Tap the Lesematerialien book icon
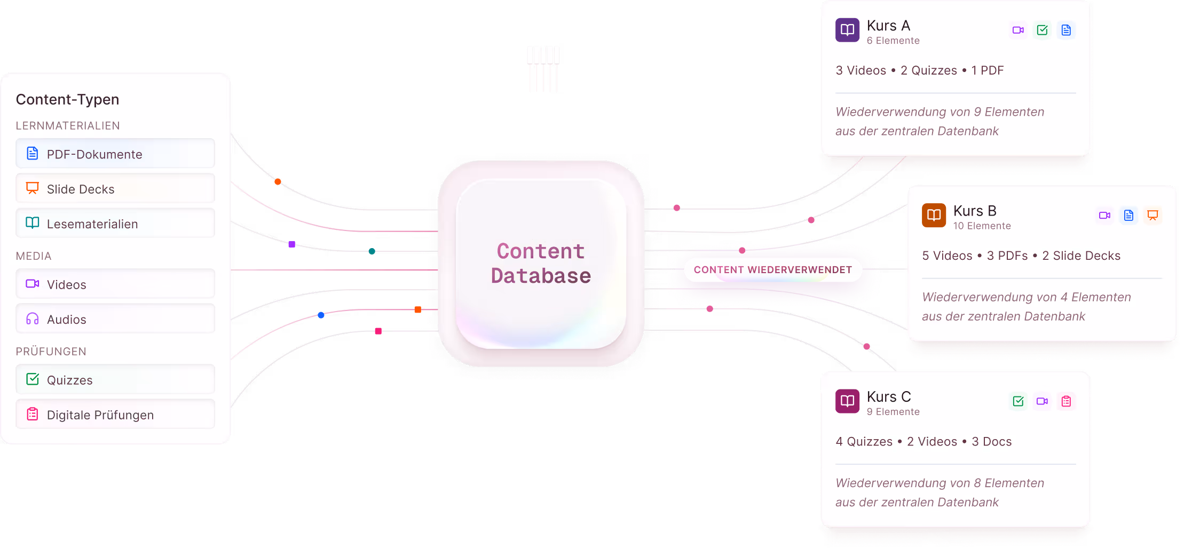33,223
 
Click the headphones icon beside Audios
33,319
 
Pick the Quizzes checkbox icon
33,379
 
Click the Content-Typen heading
67,99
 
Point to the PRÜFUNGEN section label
51,351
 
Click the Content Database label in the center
541,264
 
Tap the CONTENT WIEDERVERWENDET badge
772,269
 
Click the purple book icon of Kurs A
847,30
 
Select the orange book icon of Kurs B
934,215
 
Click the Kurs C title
889,396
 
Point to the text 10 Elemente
982,226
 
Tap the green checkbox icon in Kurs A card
1042,30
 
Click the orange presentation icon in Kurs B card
1153,215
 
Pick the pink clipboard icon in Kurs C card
1066,401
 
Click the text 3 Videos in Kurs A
861,70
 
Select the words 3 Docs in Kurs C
991,441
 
